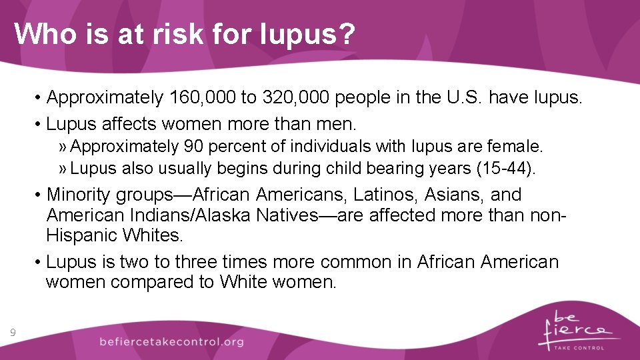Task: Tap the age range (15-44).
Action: [x=506, y=169]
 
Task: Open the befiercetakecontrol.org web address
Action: [x=171, y=342]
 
